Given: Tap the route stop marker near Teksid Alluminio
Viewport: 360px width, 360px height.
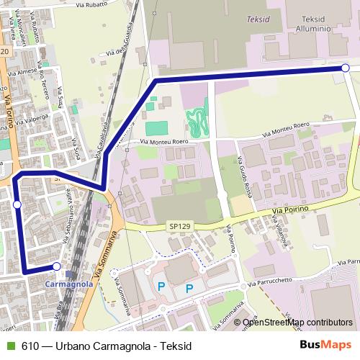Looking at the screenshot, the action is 346,68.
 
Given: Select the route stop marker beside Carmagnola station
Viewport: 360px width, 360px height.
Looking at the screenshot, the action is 57,267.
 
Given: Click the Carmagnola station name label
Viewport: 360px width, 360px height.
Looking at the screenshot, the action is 69,284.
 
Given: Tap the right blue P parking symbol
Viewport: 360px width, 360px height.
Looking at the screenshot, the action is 189,289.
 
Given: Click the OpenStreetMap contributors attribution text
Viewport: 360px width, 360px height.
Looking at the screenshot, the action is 297,323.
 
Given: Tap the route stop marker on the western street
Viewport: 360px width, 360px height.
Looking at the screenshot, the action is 17,205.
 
